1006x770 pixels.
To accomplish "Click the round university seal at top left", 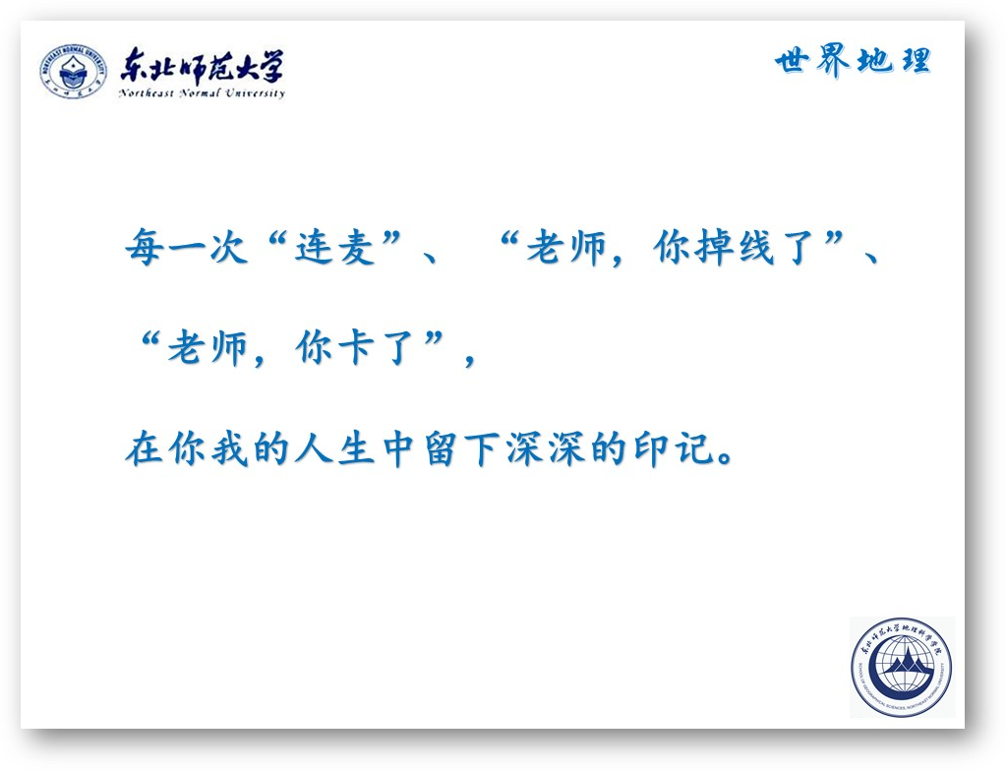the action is (x=73, y=71).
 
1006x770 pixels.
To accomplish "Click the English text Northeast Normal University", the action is (x=202, y=93).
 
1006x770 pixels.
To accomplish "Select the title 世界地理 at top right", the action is (x=853, y=61).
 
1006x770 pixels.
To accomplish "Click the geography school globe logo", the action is (x=902, y=668).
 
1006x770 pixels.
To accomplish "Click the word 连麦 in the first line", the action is (x=335, y=247).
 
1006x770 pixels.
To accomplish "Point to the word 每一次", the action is (x=186, y=247).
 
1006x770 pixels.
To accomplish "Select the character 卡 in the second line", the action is (x=356, y=348).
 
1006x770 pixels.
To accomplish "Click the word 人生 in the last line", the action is (x=335, y=447).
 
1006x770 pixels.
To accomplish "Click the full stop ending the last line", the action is (x=727, y=458).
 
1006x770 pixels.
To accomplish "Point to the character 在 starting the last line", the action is (x=145, y=447).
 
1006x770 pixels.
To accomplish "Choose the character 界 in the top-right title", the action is (x=833, y=61).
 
